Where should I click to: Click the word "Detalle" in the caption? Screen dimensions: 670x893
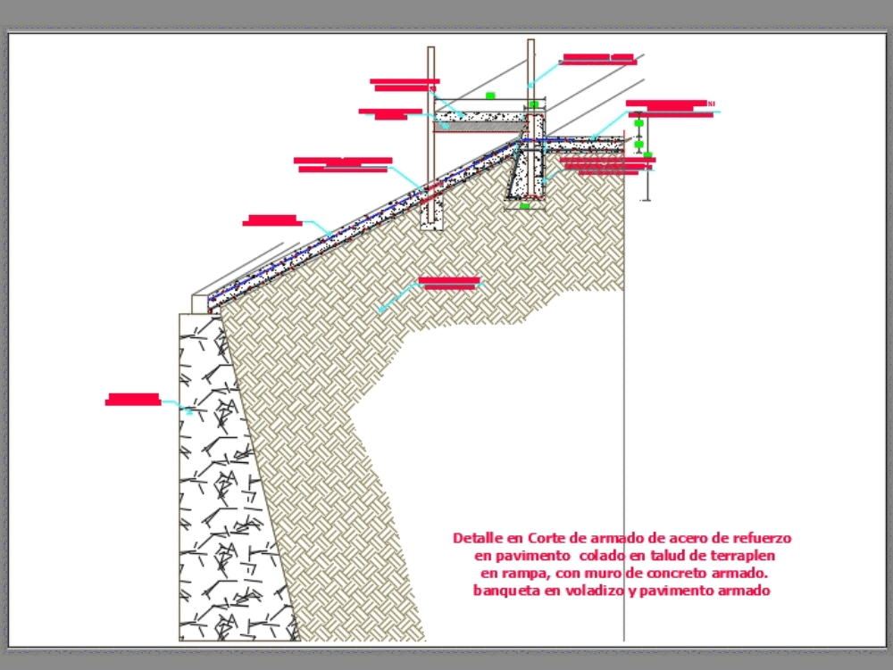tap(477, 538)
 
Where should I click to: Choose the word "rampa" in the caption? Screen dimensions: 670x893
tap(529, 573)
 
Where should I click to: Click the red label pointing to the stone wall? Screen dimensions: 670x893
tap(133, 399)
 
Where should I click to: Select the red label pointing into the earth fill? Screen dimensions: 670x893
tap(449, 283)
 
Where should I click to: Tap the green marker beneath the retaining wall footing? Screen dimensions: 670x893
tap(525, 206)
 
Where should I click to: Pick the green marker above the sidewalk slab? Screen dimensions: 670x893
tap(489, 95)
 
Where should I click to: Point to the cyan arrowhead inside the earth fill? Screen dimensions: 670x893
tap(380, 310)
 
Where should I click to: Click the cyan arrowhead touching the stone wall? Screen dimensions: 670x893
tap(189, 411)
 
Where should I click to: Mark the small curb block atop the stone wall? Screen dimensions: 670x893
tap(199, 303)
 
